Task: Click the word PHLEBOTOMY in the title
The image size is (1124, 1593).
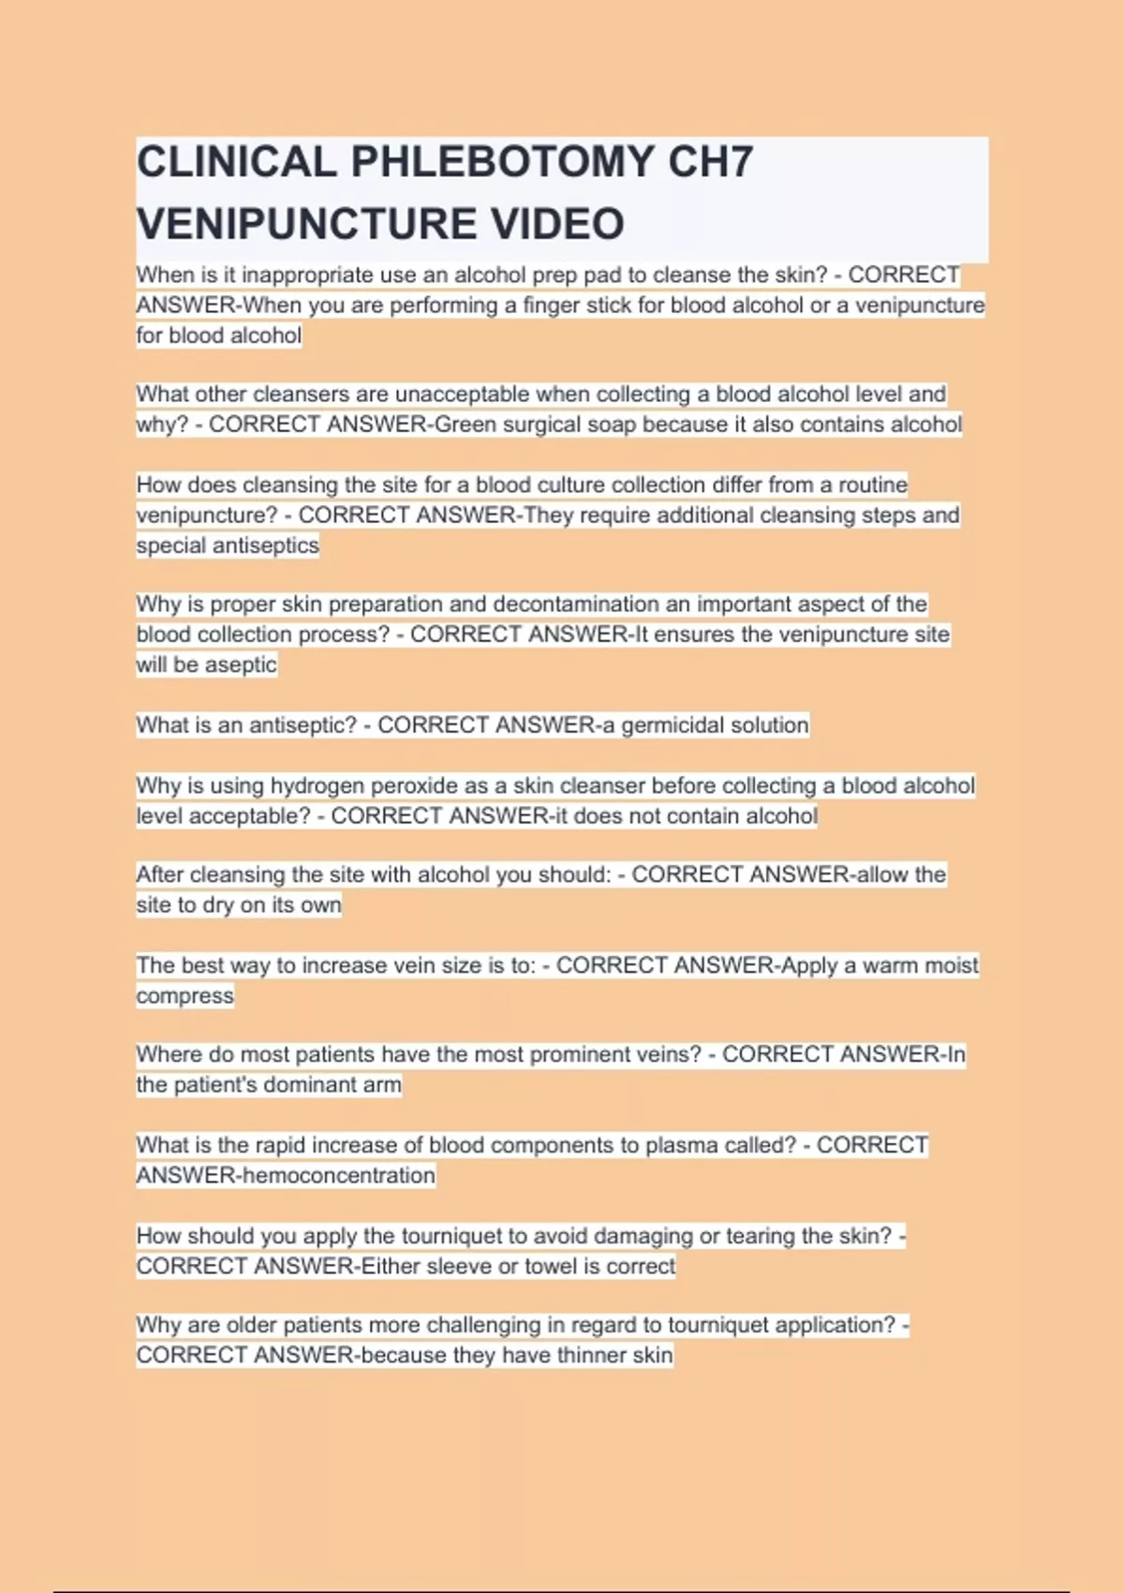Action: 501,162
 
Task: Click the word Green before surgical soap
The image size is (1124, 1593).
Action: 466,424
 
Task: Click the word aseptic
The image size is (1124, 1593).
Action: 241,664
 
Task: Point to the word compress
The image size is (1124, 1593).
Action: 185,995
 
